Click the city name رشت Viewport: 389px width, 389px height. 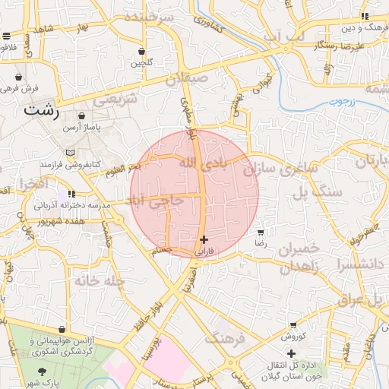tap(41, 109)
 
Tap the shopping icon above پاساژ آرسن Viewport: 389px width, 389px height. tap(81, 116)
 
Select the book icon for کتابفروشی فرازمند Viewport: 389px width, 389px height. tap(70, 153)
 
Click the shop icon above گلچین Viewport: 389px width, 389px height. tap(141, 52)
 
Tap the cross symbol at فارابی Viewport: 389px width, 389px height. tap(203, 239)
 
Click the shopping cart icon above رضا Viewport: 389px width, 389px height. tap(261, 232)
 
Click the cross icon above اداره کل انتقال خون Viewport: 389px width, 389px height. tap(292, 353)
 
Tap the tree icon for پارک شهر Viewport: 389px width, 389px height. tap(41, 371)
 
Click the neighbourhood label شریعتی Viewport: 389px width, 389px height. tap(115, 100)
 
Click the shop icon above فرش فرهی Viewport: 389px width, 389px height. tap(18, 77)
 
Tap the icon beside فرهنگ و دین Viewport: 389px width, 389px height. tap(365, 16)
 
